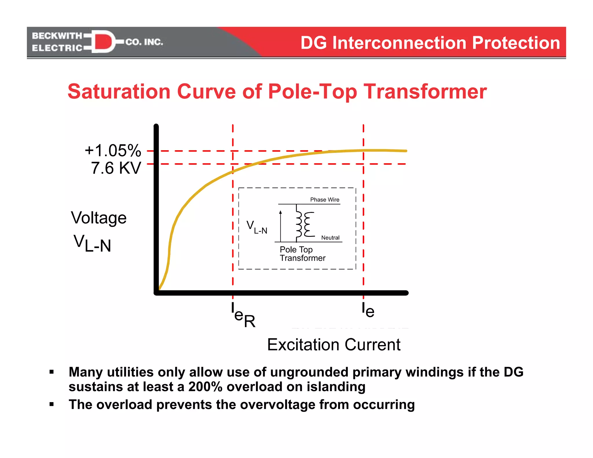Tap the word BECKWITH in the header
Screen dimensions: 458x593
(57, 36)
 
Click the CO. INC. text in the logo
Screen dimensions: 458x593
(144, 42)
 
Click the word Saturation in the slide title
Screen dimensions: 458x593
(119, 91)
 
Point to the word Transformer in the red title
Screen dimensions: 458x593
(425, 91)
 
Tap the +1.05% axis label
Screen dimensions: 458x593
(113, 151)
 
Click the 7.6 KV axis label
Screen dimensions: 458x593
(116, 168)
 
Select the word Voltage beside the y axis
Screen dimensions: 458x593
(99, 218)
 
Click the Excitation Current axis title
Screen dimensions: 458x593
(334, 345)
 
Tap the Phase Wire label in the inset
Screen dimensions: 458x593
(325, 200)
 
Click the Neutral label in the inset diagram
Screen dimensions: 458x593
(330, 238)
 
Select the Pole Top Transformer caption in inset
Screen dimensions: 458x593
(302, 254)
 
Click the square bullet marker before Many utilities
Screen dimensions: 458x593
(52, 372)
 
